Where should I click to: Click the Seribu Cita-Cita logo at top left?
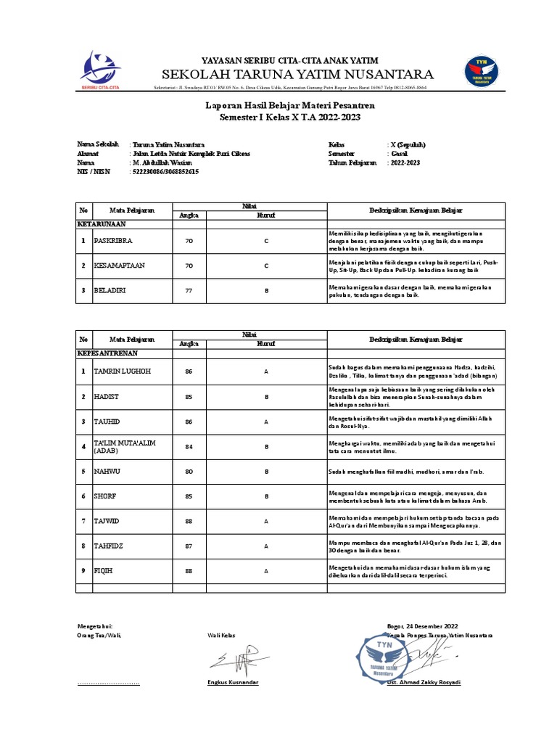coord(100,70)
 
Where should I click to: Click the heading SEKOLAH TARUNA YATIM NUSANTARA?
coord(297,75)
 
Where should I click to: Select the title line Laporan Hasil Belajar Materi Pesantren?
coord(290,106)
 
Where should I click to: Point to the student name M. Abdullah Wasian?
coord(163,163)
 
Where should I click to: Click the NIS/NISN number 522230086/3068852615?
coord(165,172)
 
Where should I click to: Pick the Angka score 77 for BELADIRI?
coord(189,290)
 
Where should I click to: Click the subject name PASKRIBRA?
coord(115,240)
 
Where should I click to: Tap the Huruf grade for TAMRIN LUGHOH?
coord(266,371)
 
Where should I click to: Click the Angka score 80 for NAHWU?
coord(189,471)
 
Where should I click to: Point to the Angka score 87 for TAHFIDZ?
coord(189,546)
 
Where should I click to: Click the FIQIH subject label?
coord(105,571)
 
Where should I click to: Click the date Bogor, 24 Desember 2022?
coord(423,625)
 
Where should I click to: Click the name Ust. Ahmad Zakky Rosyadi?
coord(424,683)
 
